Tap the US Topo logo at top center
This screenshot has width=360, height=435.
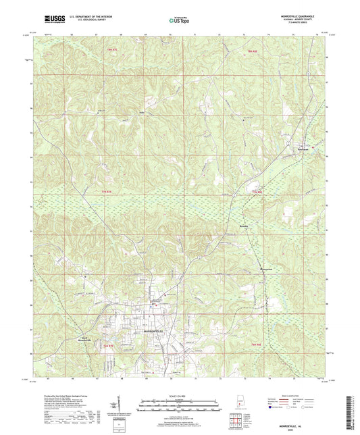click(178, 21)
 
